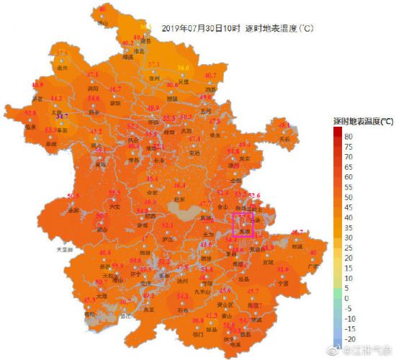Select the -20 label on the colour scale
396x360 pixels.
click(348, 338)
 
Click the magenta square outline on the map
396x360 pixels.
click(243, 224)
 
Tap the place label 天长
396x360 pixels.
click(284, 138)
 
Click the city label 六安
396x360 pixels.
click(114, 207)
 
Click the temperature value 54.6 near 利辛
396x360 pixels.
click(94, 99)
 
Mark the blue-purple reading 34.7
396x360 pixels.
click(62, 116)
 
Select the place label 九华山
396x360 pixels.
click(207, 291)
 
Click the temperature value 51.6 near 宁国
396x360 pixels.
click(282, 269)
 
